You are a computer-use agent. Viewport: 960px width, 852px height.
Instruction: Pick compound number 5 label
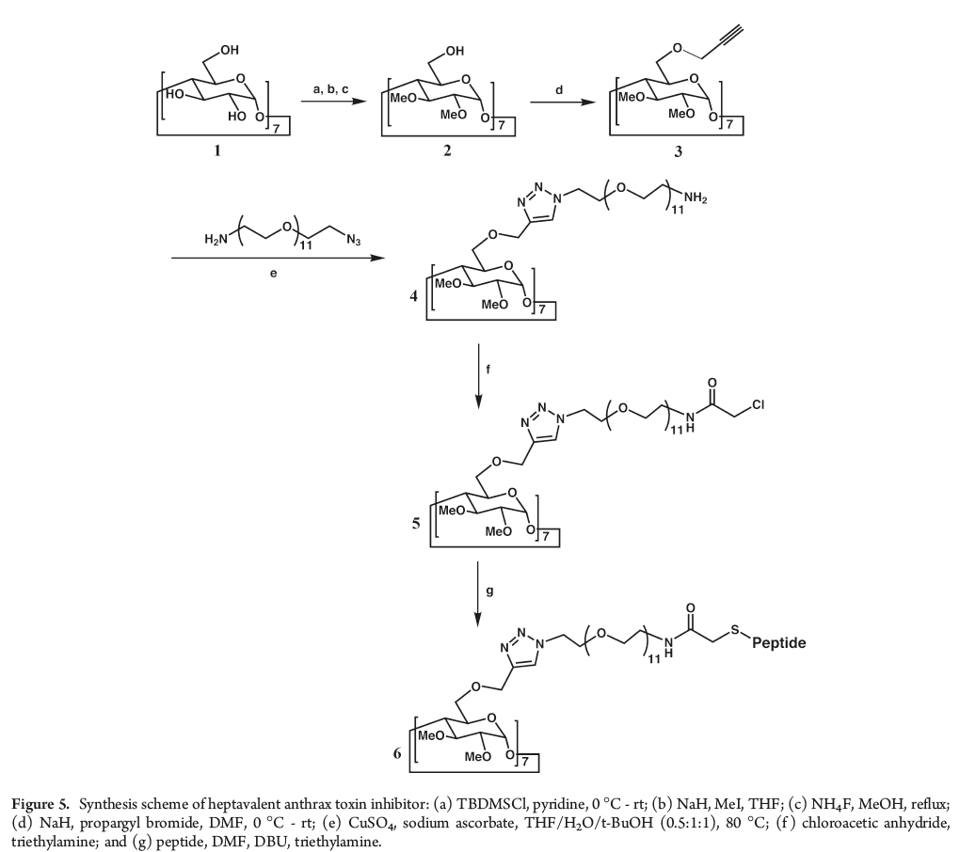coord(415,518)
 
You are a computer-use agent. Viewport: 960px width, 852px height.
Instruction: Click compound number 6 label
coord(397,754)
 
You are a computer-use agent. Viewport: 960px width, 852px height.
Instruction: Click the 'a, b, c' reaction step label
coord(330,87)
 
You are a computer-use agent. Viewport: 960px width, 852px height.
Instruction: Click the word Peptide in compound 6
coord(780,644)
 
